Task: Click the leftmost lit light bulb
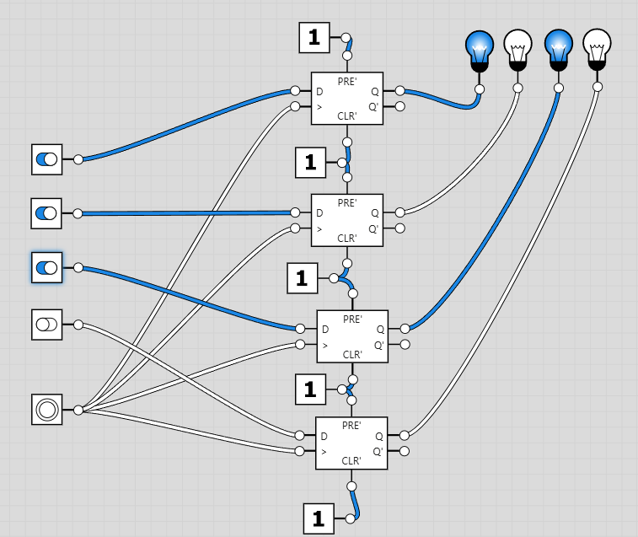click(x=479, y=49)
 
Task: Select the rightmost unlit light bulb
click(x=597, y=48)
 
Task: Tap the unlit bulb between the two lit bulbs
click(x=517, y=49)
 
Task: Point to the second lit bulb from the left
click(x=557, y=49)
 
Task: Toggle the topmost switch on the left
click(x=46, y=158)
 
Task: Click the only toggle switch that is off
click(x=46, y=325)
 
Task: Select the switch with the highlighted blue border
click(x=46, y=268)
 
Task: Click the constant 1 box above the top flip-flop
click(x=314, y=37)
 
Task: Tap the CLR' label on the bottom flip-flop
click(x=351, y=461)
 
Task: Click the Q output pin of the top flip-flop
click(x=400, y=90)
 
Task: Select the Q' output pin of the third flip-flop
click(x=405, y=344)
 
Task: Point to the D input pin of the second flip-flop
click(x=295, y=212)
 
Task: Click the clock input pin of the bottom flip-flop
click(x=299, y=451)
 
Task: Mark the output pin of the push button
click(x=78, y=410)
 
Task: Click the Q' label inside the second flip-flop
click(x=374, y=228)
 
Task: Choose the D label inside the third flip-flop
click(x=325, y=329)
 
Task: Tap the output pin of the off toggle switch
click(x=78, y=325)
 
